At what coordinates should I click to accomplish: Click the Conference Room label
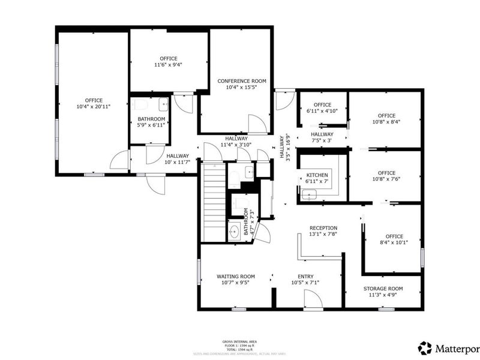[x=242, y=81]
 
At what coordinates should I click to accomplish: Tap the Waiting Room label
[x=236, y=277]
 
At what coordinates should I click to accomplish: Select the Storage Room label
[x=383, y=289]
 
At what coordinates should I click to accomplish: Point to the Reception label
[x=323, y=228]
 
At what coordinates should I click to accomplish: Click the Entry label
[x=305, y=277]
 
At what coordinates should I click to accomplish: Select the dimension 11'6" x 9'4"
[x=168, y=65]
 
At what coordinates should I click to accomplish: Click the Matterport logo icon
[x=425, y=347]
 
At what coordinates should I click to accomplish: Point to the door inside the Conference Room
[x=257, y=124]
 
